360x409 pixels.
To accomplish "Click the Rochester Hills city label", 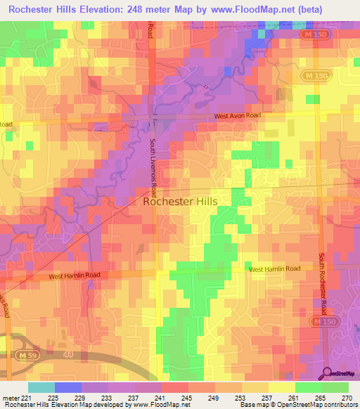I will pos(180,201).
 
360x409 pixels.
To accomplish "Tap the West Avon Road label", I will pos(238,116).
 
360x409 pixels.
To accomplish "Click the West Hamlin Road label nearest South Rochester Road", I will pos(274,269).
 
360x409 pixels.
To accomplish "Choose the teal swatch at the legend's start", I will pos(41,387).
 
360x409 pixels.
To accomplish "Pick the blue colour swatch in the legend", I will pos(68,387).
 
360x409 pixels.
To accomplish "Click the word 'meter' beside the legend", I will pos(10,397).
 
